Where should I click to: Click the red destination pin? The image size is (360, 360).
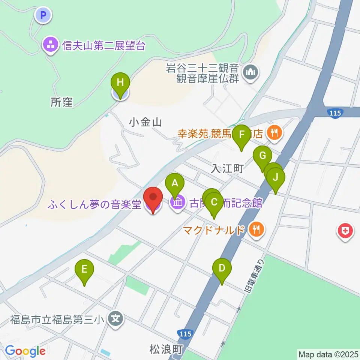tap(153, 199)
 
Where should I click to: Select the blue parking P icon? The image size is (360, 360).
tap(43, 15)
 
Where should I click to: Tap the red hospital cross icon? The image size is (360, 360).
tap(345, 231)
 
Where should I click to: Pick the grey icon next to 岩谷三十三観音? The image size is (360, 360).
tap(250, 72)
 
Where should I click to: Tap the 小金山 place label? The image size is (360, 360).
tap(145, 121)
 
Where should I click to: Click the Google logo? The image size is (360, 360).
tap(25, 351)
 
